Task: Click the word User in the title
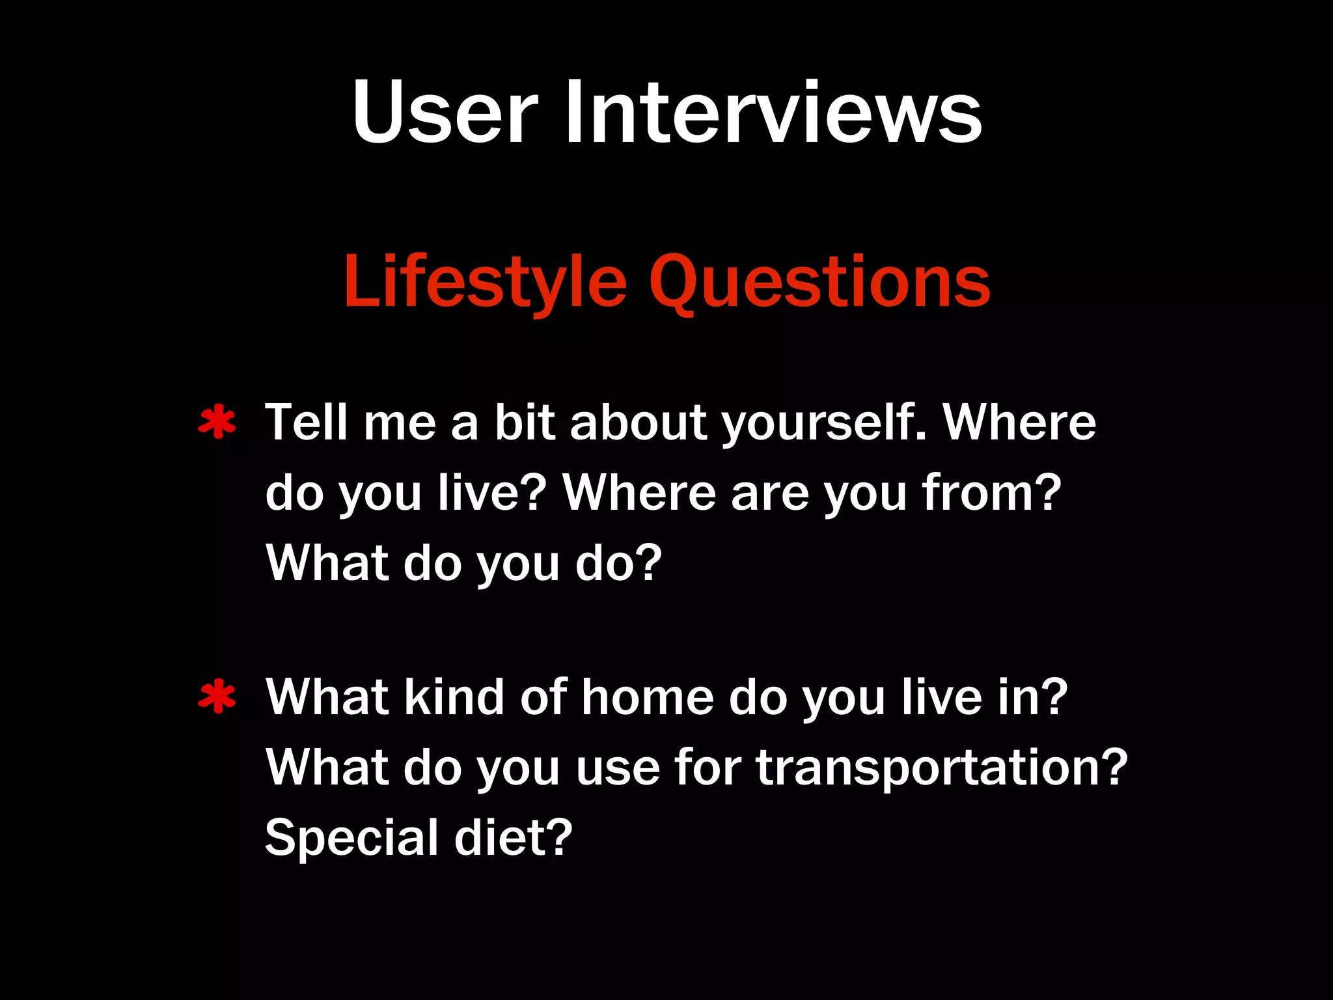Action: pyautogui.click(x=445, y=112)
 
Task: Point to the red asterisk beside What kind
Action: pyautogui.click(x=217, y=697)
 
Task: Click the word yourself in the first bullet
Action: pyautogui.click(x=825, y=423)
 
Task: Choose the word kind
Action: pyautogui.click(x=454, y=697)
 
